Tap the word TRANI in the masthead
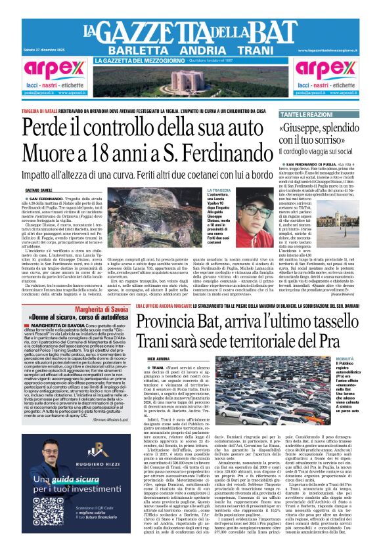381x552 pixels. (261, 51)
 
